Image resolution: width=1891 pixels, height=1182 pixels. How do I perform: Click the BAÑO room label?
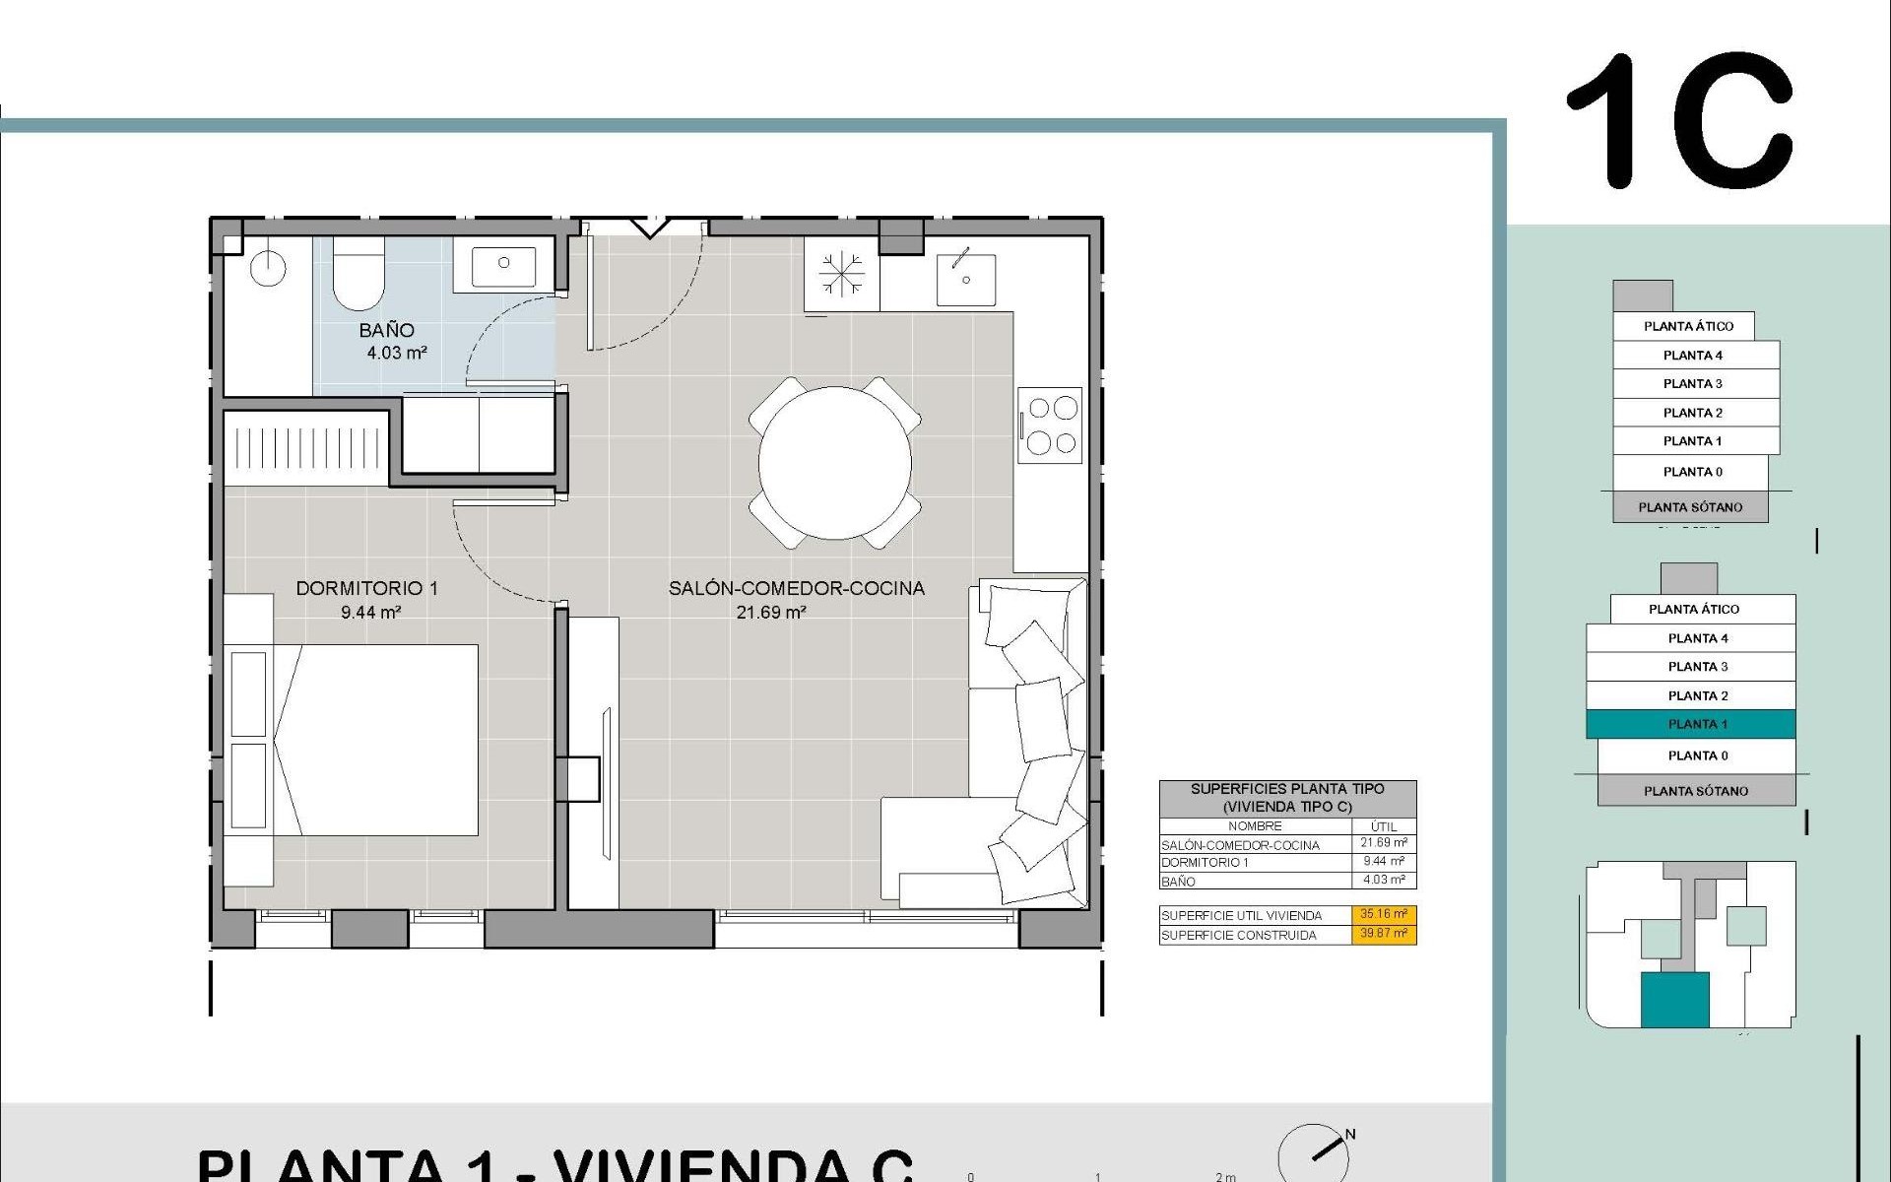[x=386, y=331]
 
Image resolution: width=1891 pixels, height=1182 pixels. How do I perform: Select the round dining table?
[x=834, y=463]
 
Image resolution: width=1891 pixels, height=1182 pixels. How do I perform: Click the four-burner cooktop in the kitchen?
[x=1051, y=426]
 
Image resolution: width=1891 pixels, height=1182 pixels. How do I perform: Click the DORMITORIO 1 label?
[x=366, y=588]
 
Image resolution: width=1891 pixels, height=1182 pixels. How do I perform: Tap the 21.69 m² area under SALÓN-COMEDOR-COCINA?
[x=771, y=613]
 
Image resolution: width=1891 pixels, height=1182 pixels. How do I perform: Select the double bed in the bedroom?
[x=376, y=740]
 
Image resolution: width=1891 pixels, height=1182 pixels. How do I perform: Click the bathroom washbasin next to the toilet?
[x=503, y=264]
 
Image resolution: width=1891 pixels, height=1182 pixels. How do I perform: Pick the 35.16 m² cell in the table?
[x=1384, y=914]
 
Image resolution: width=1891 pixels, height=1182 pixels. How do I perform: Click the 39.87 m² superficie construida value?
[x=1384, y=934]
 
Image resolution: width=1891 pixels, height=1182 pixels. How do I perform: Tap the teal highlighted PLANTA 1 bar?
[x=1690, y=724]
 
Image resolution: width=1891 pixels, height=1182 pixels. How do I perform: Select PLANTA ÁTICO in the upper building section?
[x=1687, y=326]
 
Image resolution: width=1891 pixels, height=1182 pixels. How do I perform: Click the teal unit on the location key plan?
[x=1674, y=1000]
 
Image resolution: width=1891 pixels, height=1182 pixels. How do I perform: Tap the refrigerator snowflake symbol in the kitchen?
[x=841, y=274]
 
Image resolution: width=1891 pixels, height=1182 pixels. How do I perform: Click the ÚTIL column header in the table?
[x=1384, y=826]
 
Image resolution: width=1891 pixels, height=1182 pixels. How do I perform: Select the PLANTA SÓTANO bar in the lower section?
[x=1695, y=791]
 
